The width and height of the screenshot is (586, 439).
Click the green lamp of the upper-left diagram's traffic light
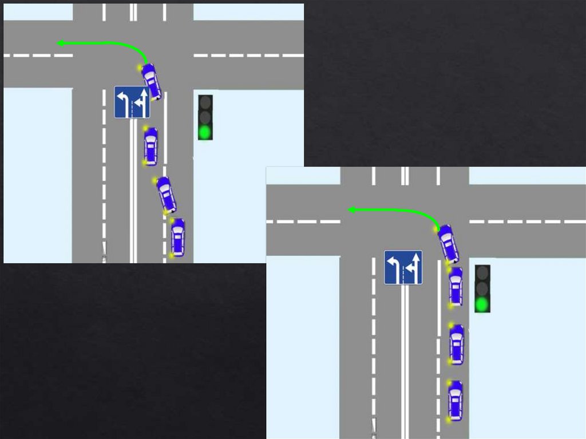pos(205,132)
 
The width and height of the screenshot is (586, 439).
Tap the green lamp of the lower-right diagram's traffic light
pos(482,303)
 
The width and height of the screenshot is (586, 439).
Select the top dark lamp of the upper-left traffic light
pos(205,103)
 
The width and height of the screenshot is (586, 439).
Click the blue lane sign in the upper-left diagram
pos(132,102)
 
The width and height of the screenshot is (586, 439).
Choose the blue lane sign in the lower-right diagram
pos(403,267)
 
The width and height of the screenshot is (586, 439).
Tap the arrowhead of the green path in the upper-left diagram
pos(60,43)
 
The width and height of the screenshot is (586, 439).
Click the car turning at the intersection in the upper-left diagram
pos(151,81)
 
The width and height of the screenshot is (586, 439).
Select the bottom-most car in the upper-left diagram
pos(177,236)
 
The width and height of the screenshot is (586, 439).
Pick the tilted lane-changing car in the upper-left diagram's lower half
pos(166,195)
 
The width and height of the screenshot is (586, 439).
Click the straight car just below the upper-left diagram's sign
pos(151,146)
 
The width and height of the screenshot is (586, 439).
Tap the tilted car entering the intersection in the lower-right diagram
pos(448,243)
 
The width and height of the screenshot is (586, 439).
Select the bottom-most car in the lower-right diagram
pos(455,400)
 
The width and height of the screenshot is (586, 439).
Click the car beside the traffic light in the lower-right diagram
pos(456,285)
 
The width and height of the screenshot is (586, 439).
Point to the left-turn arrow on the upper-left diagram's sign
pos(123,100)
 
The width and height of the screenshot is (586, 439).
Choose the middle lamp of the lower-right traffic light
pos(482,288)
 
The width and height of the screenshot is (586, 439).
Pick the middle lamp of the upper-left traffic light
pos(205,118)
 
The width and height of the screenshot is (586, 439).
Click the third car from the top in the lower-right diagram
pos(456,343)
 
